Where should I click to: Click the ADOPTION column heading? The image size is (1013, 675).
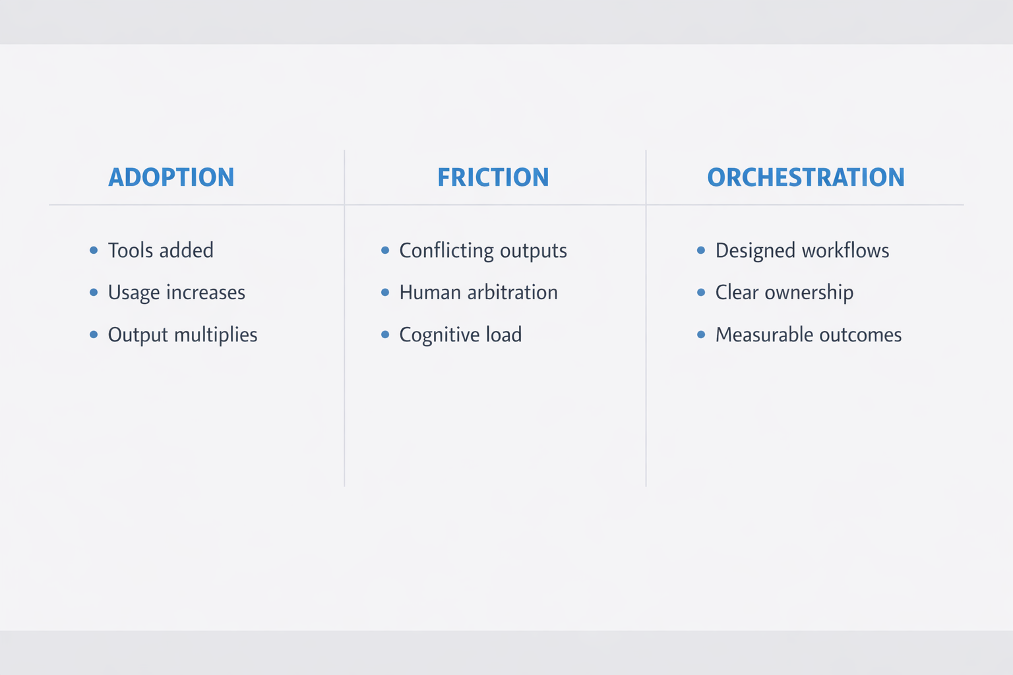(171, 177)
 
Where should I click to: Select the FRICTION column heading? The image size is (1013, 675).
(493, 177)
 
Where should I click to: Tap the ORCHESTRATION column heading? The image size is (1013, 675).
(806, 177)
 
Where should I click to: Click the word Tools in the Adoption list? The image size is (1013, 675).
(130, 250)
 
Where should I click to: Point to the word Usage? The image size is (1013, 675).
(134, 293)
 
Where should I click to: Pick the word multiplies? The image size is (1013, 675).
(216, 335)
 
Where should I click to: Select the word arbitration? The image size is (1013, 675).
(512, 293)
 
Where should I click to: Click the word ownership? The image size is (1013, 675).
(809, 293)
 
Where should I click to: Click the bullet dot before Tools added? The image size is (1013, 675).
(94, 250)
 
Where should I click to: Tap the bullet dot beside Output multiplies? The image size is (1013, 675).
(94, 335)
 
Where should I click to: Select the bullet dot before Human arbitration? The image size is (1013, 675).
(385, 293)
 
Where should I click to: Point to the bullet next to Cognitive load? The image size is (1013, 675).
(385, 335)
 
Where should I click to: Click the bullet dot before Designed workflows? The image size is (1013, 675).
(701, 250)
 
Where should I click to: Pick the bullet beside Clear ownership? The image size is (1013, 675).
(701, 293)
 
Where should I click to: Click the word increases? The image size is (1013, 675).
(206, 293)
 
